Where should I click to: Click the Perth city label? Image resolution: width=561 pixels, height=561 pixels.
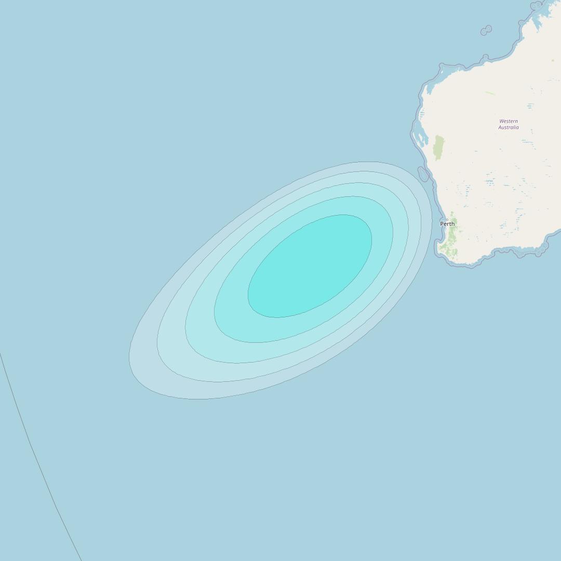[447, 224]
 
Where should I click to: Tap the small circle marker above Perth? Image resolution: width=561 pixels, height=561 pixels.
[447, 219]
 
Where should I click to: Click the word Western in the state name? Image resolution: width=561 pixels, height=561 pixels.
[509, 121]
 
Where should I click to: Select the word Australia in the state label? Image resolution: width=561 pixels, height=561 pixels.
[509, 127]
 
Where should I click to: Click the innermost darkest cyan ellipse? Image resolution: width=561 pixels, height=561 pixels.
[310, 266]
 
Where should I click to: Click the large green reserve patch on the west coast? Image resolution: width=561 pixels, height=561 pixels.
[439, 148]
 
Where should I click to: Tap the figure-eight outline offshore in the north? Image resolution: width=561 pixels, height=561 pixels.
[486, 30]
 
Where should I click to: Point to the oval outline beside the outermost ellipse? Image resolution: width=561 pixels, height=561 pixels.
[423, 175]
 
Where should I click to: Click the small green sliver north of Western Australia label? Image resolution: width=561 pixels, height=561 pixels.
[490, 93]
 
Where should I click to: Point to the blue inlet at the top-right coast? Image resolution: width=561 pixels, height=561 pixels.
[535, 16]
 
